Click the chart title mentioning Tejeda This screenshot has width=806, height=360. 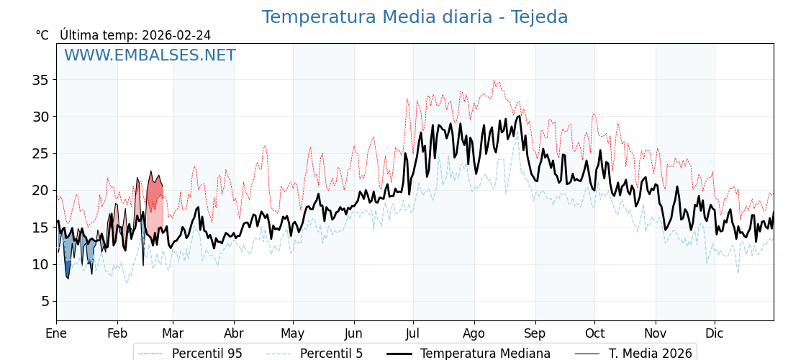(x=415, y=17)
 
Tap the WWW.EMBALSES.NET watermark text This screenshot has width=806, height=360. (x=150, y=55)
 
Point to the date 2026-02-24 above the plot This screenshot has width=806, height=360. (x=176, y=35)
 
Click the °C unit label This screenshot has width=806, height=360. (x=42, y=35)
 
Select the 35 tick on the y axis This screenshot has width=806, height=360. (x=40, y=80)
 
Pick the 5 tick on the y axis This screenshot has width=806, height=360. (x=45, y=301)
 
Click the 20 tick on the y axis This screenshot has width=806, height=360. (x=40, y=190)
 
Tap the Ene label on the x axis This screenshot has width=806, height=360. (x=56, y=333)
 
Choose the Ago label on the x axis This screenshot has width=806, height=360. (x=474, y=333)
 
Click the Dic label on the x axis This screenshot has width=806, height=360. (x=715, y=333)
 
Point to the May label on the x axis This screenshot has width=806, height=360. (x=293, y=333)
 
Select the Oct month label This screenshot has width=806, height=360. (x=594, y=333)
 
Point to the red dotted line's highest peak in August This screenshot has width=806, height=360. (x=494, y=81)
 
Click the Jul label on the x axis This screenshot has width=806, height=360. (x=413, y=333)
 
